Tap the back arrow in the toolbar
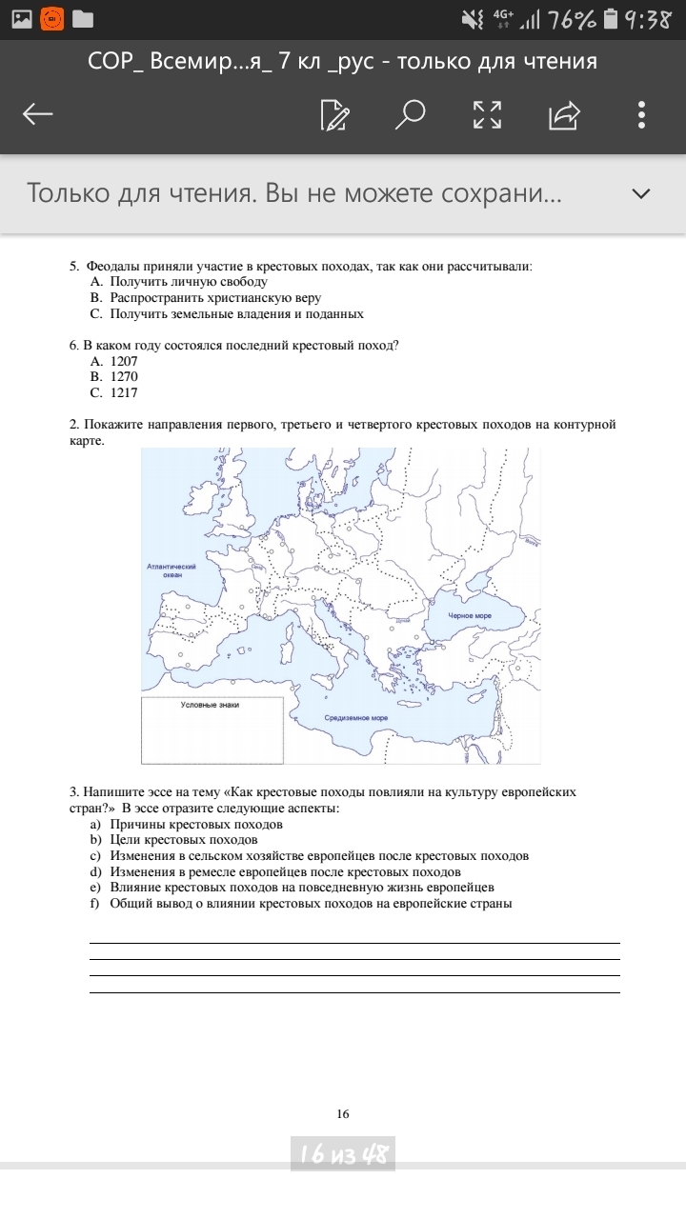pyautogui.click(x=38, y=115)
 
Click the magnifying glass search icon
pyautogui.click(x=411, y=115)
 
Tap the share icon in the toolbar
pyautogui.click(x=564, y=115)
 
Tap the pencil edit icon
pyautogui.click(x=334, y=115)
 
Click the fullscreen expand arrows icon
pyautogui.click(x=487, y=115)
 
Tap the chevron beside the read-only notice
pyautogui.click(x=641, y=193)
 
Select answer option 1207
pyautogui.click(x=123, y=362)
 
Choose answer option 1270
pyautogui.click(x=123, y=377)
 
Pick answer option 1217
pyautogui.click(x=123, y=392)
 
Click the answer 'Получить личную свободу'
pyautogui.click(x=188, y=282)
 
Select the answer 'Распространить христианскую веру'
pyautogui.click(x=214, y=298)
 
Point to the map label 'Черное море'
pyautogui.click(x=470, y=616)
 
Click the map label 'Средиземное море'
pyautogui.click(x=355, y=718)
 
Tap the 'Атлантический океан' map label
pyautogui.click(x=171, y=570)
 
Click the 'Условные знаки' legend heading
pyautogui.click(x=211, y=705)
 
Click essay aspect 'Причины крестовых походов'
pyautogui.click(x=195, y=824)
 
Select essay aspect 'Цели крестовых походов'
pyautogui.click(x=183, y=840)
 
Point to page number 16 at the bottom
pyautogui.click(x=343, y=1114)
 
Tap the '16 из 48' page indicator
pyautogui.click(x=343, y=1155)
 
